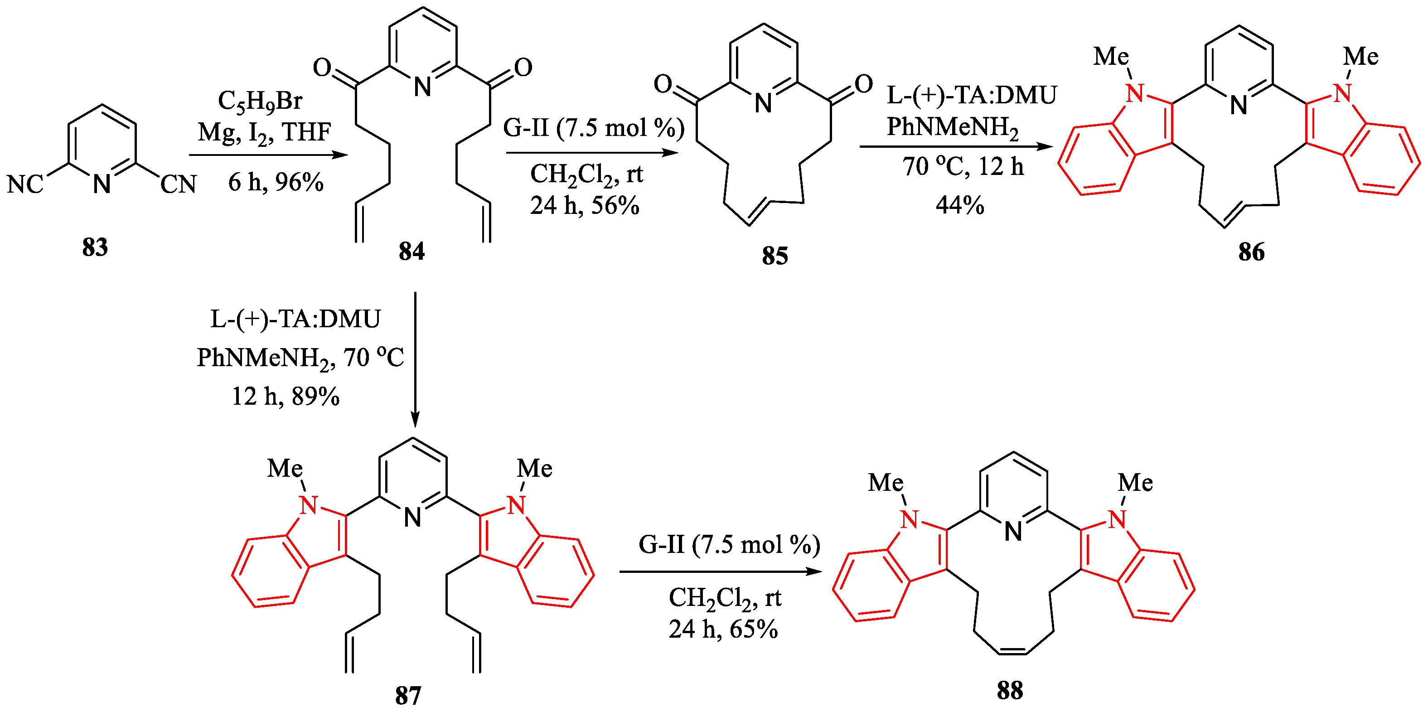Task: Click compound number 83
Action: (x=95, y=247)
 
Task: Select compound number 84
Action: (x=411, y=251)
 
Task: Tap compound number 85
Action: (x=775, y=256)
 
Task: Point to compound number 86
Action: (x=1251, y=252)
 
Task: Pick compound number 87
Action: (x=408, y=695)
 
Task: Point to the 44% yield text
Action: (x=959, y=205)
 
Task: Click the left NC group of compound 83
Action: (x=25, y=184)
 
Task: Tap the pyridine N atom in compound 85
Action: (x=763, y=103)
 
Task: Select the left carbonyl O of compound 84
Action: (x=322, y=68)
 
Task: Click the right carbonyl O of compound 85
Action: (x=864, y=84)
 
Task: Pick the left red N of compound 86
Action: (x=1135, y=94)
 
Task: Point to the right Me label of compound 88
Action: (x=1135, y=482)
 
